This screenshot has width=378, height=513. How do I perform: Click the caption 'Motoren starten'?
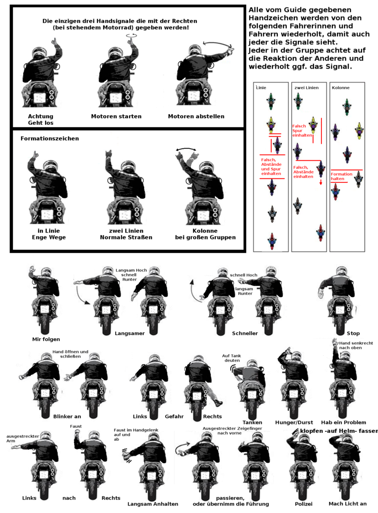tap(116, 116)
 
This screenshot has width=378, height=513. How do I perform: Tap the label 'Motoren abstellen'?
tap(196, 116)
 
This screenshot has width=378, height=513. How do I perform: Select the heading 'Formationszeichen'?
tap(50, 138)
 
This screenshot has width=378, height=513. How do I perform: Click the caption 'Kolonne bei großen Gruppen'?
tap(205, 234)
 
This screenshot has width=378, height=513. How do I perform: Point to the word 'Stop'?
tap(353, 333)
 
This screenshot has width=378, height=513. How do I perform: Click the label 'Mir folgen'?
tap(46, 339)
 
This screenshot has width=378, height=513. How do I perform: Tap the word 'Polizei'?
tap(303, 504)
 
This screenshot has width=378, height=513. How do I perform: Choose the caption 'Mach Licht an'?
tap(347, 504)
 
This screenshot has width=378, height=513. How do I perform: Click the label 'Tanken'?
tap(252, 422)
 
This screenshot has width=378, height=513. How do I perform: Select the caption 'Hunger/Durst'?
tap(294, 422)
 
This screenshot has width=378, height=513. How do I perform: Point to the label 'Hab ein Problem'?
tap(343, 422)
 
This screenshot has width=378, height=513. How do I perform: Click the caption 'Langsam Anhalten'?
tap(153, 504)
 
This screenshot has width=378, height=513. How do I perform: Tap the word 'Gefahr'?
tap(174, 416)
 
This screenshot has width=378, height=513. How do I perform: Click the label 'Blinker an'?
tap(67, 416)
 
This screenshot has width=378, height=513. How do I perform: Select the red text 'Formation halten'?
tap(341, 176)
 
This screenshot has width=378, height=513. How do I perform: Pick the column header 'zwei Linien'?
tap(306, 88)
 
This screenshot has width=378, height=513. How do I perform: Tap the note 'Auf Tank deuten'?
tap(231, 358)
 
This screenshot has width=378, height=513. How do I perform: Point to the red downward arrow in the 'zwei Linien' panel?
tap(321, 182)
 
